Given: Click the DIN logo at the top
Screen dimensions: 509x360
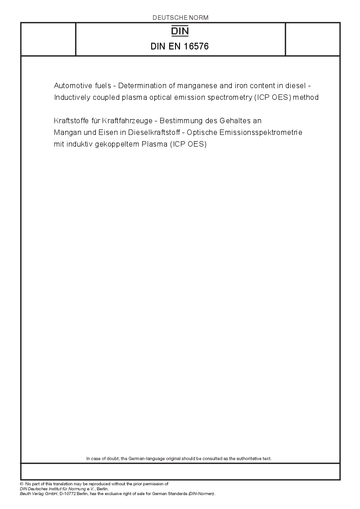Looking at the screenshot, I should click(x=180, y=31).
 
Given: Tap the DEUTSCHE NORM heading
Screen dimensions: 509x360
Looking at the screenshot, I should click(x=180, y=18).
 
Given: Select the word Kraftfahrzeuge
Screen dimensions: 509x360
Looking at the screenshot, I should click(x=121, y=121).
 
